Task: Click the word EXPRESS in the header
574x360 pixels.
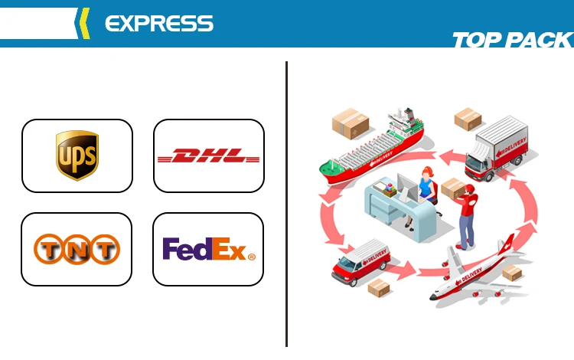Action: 158,23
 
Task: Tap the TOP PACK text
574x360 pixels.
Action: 512,40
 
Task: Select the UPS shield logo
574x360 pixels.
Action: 77,155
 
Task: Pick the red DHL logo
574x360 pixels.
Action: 209,156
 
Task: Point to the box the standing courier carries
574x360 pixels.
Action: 452,188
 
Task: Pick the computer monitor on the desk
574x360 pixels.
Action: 405,187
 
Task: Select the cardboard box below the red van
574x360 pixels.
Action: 379,287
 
